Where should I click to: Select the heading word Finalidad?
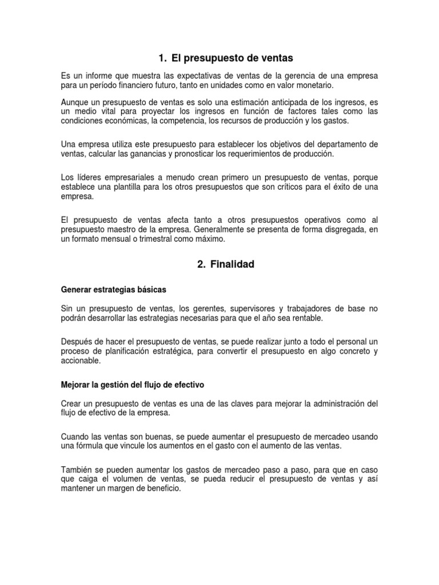232,265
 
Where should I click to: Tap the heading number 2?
200,265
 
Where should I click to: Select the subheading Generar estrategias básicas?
114,289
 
